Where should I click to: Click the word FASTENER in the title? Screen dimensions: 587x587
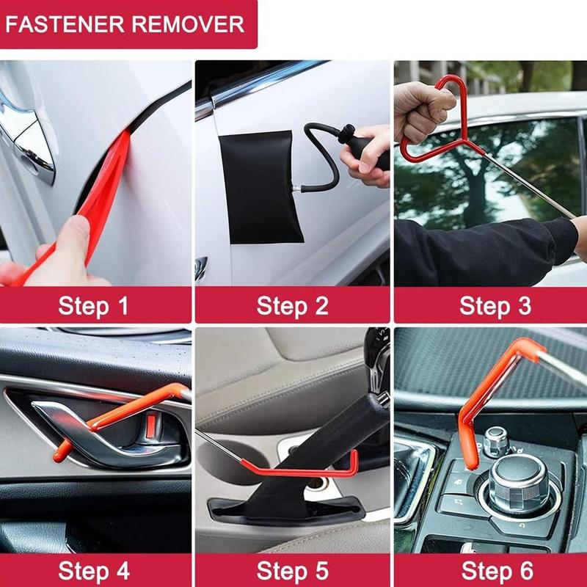pos(68,23)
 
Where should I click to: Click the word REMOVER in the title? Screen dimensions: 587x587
pos(190,23)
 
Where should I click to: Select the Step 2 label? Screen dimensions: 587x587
pos(292,305)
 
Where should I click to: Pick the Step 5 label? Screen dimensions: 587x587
pos(292,570)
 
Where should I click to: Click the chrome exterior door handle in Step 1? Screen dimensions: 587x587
pos(22,136)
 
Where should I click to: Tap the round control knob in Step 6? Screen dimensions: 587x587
pos(517,481)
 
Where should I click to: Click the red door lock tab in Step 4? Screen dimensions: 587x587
pos(150,426)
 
